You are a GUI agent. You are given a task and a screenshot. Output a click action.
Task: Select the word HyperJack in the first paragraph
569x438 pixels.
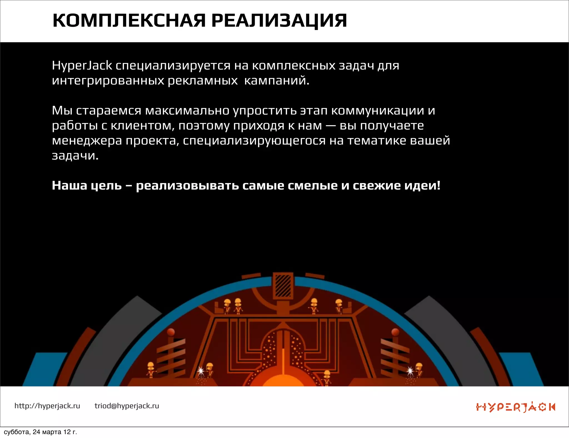(82, 66)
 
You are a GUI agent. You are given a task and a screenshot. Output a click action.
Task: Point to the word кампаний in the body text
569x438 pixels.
(276, 81)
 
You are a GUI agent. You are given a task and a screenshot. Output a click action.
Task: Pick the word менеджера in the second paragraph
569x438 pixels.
(87, 141)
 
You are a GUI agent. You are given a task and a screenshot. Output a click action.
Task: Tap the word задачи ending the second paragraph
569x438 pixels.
(75, 156)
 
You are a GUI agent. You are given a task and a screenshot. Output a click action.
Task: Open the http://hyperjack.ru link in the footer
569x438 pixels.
(47, 406)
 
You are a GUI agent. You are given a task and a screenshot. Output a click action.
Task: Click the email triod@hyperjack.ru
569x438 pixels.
(127, 406)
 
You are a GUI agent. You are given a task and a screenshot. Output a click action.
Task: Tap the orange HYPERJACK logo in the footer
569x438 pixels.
(515, 407)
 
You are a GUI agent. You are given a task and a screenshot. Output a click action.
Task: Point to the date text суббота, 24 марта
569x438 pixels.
(40, 432)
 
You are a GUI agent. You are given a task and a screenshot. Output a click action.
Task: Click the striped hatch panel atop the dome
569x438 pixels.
(283, 285)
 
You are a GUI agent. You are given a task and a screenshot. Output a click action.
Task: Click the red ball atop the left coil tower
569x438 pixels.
(171, 332)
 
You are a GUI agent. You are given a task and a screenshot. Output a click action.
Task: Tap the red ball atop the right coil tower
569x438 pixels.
(395, 332)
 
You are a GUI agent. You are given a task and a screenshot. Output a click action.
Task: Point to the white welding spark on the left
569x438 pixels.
(201, 371)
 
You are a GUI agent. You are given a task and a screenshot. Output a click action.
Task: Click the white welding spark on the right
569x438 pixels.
(410, 371)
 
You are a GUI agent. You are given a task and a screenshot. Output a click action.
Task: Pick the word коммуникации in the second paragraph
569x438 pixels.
(378, 111)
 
